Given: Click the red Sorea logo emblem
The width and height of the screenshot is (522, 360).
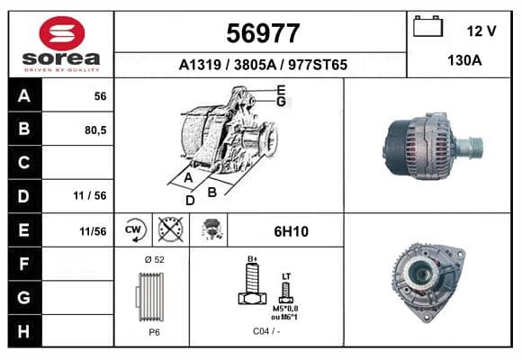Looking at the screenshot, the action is pos(62,33).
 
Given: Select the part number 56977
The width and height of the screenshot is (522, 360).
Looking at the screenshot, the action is pos(263,33).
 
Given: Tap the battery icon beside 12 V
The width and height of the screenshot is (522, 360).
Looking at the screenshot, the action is pos(427,26).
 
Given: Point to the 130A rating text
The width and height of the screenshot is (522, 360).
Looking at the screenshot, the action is pos(464,60).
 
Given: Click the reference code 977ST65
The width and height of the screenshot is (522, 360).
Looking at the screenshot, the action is pos(318,65).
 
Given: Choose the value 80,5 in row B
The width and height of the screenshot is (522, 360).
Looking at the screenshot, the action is pos(95,130).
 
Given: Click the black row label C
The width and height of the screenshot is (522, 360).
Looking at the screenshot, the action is pos(25,163).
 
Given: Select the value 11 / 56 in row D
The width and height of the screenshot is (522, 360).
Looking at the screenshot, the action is pos(90,195).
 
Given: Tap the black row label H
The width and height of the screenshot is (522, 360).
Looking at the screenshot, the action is pos(25,331).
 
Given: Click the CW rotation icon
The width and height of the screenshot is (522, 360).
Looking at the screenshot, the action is pos(134,229).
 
